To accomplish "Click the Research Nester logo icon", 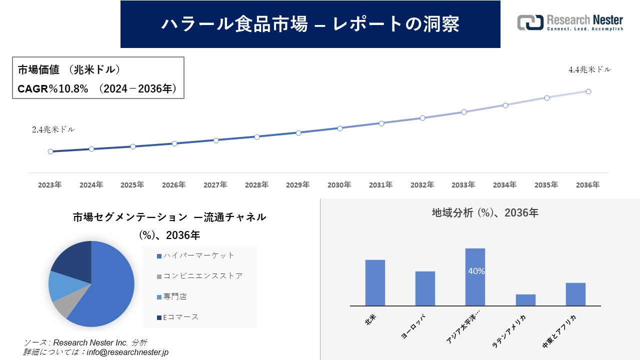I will pos(530,22).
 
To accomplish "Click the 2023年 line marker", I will pos(50,151).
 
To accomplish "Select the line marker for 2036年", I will pos(588,91).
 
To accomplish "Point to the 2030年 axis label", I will pos(339,185).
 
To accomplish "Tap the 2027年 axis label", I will pos(215,185).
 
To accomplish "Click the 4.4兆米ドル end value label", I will pos(589,70).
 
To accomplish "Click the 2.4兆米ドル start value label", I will pos(53,129).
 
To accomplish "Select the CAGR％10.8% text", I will pos(53,89).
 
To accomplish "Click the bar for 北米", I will pos(375,282).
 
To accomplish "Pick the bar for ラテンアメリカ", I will pos(525,299).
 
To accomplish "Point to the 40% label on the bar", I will pos(476,271).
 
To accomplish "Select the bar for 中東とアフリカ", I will pos(575,294).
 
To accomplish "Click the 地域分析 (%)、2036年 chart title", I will pos(485,212).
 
